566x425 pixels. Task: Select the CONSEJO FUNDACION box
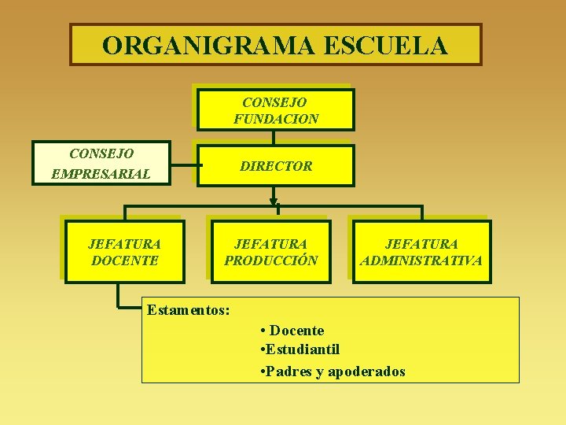(x=275, y=110)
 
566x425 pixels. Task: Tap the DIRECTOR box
(x=275, y=166)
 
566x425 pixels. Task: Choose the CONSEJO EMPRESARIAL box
(x=101, y=163)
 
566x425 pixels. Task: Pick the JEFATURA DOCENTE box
(x=124, y=252)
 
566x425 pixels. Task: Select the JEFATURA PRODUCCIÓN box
(x=271, y=252)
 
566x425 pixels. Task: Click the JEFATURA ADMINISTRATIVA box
(x=421, y=252)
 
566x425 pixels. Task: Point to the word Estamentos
(x=188, y=310)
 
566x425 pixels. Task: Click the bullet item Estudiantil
(x=302, y=349)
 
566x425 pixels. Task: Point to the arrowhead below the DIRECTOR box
(x=274, y=194)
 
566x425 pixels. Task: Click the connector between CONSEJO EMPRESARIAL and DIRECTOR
(x=186, y=166)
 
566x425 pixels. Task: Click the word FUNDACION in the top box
(x=276, y=120)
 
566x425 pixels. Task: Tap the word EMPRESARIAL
(x=100, y=173)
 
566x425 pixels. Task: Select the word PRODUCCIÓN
(x=271, y=261)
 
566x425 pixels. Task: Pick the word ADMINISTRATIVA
(x=421, y=261)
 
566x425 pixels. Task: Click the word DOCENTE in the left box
(x=124, y=261)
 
